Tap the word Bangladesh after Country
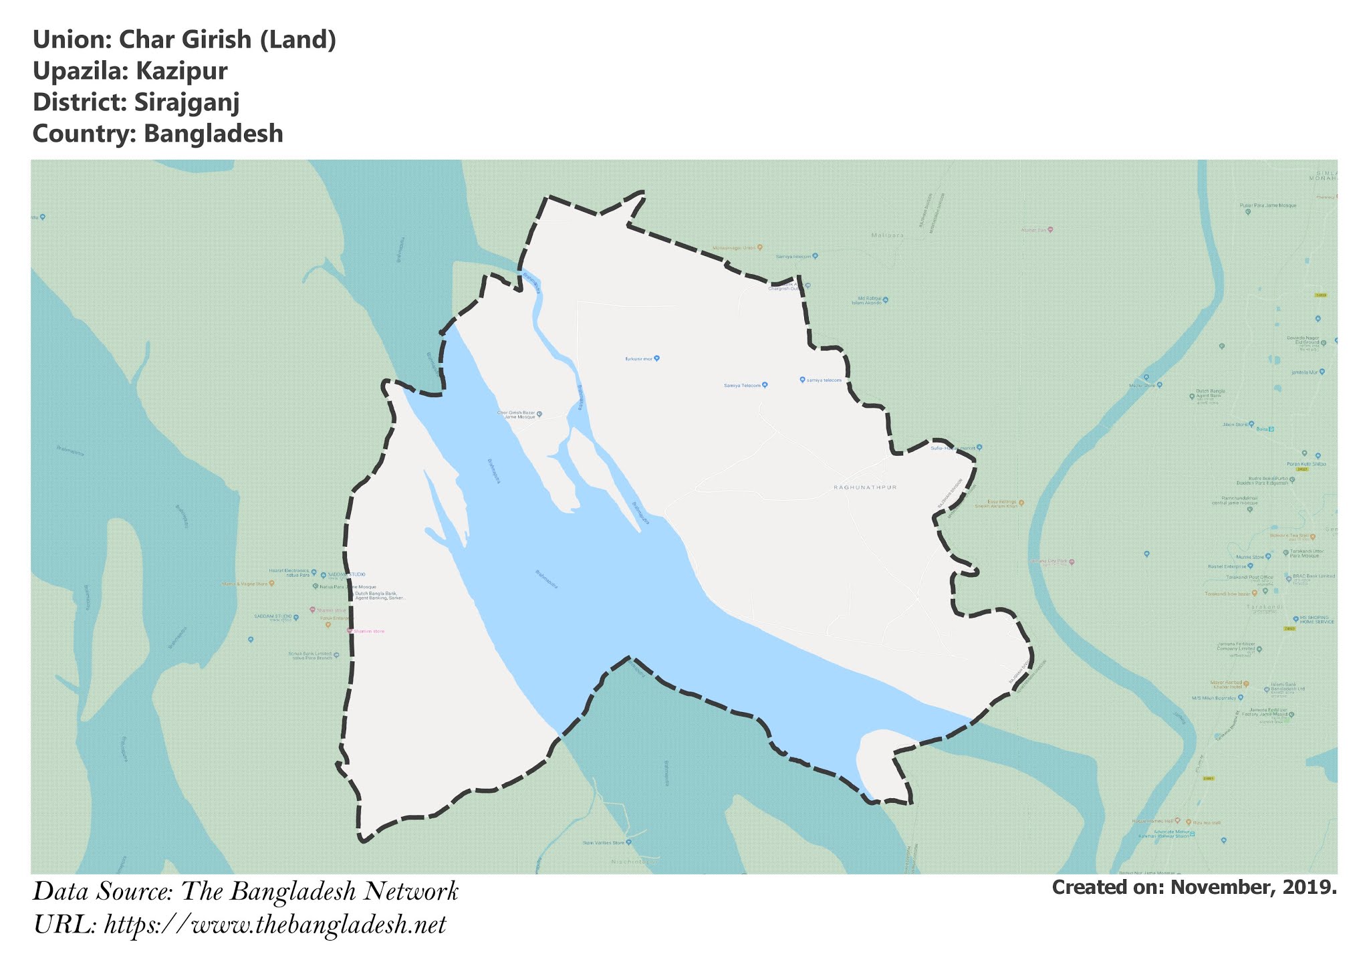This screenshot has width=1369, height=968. tap(213, 134)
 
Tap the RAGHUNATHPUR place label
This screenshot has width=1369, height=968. tap(865, 487)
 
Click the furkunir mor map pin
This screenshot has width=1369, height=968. tap(656, 358)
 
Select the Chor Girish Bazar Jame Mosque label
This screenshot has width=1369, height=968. tap(517, 414)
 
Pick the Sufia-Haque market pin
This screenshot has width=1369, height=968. tap(979, 447)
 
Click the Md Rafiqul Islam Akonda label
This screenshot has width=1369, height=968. tap(866, 300)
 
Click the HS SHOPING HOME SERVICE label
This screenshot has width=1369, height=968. tap(1316, 620)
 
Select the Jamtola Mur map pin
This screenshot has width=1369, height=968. tap(1322, 372)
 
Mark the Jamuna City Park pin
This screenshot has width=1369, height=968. tap(1072, 562)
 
